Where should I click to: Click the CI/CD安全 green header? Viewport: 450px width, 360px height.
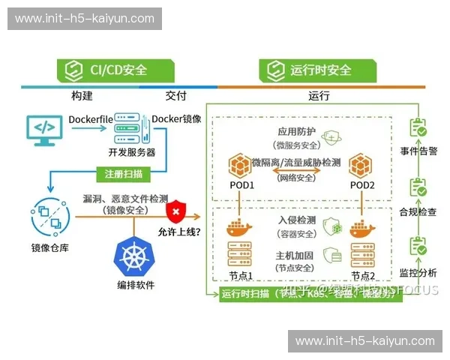point(116,70)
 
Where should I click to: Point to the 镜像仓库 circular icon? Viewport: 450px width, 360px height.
point(50,216)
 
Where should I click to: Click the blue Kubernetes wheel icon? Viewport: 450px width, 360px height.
point(135,256)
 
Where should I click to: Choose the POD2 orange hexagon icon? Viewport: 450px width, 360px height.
point(361,166)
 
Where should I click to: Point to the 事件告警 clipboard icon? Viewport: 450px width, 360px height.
point(417,130)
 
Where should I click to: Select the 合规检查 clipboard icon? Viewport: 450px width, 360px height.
point(417,188)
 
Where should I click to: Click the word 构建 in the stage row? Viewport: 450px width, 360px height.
point(82,96)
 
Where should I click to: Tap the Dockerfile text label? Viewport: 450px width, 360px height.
point(90,119)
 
